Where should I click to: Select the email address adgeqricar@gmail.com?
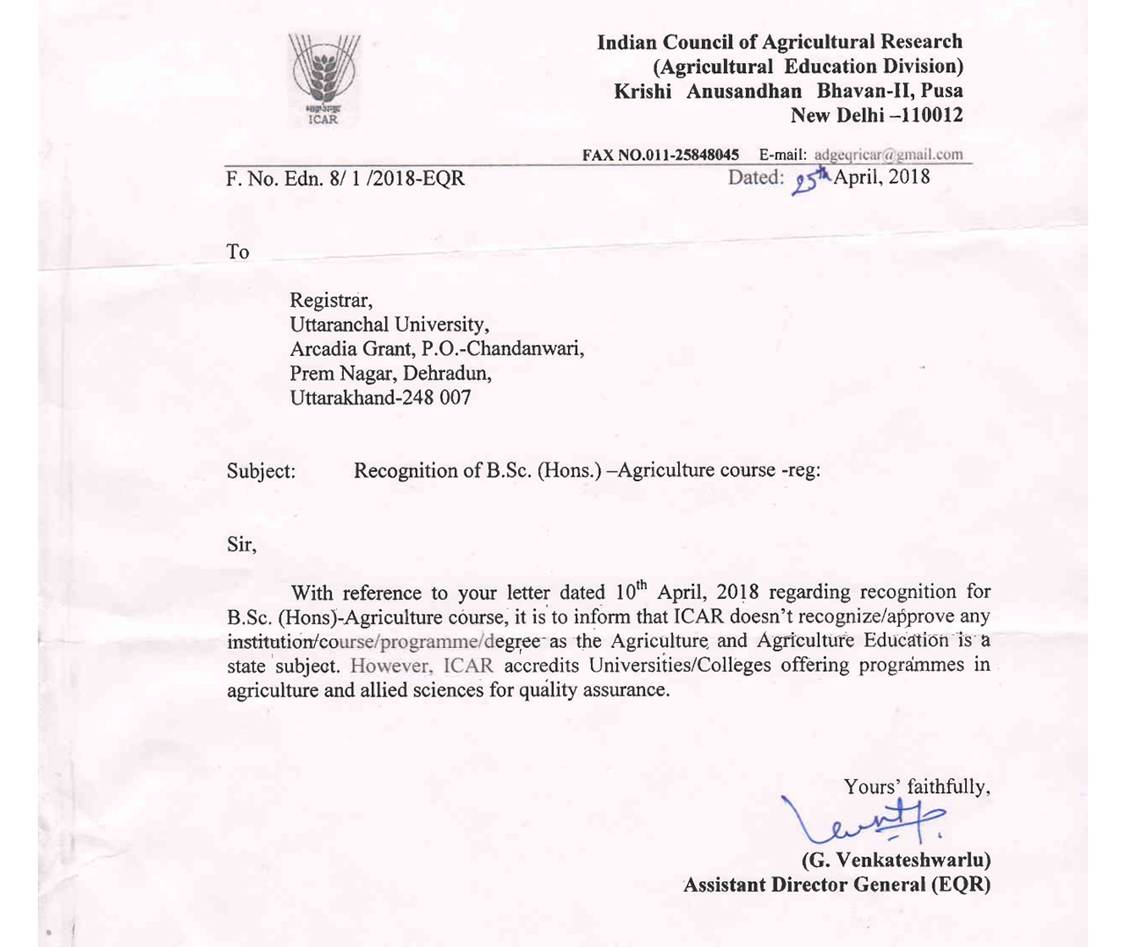[888, 155]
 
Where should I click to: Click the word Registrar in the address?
[331, 301]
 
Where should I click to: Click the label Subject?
[261, 470]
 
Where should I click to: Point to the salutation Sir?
[242, 544]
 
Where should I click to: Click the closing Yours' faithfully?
[917, 786]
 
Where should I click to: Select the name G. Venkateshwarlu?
[896, 859]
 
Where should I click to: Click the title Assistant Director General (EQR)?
[837, 885]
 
